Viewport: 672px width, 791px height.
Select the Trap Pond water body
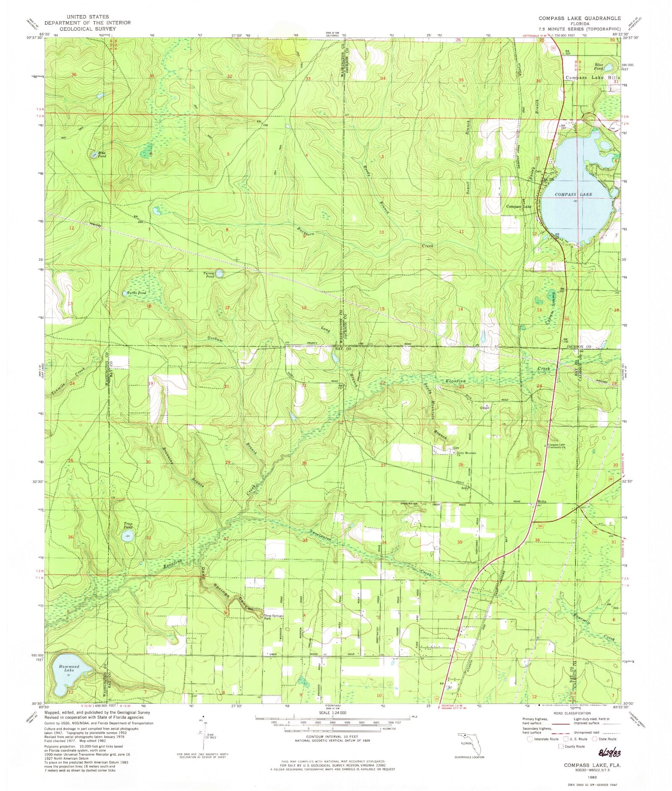click(129, 536)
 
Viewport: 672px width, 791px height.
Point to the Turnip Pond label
click(209, 275)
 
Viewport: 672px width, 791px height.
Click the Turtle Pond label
click(137, 293)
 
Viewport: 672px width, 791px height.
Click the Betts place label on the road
click(541, 502)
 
